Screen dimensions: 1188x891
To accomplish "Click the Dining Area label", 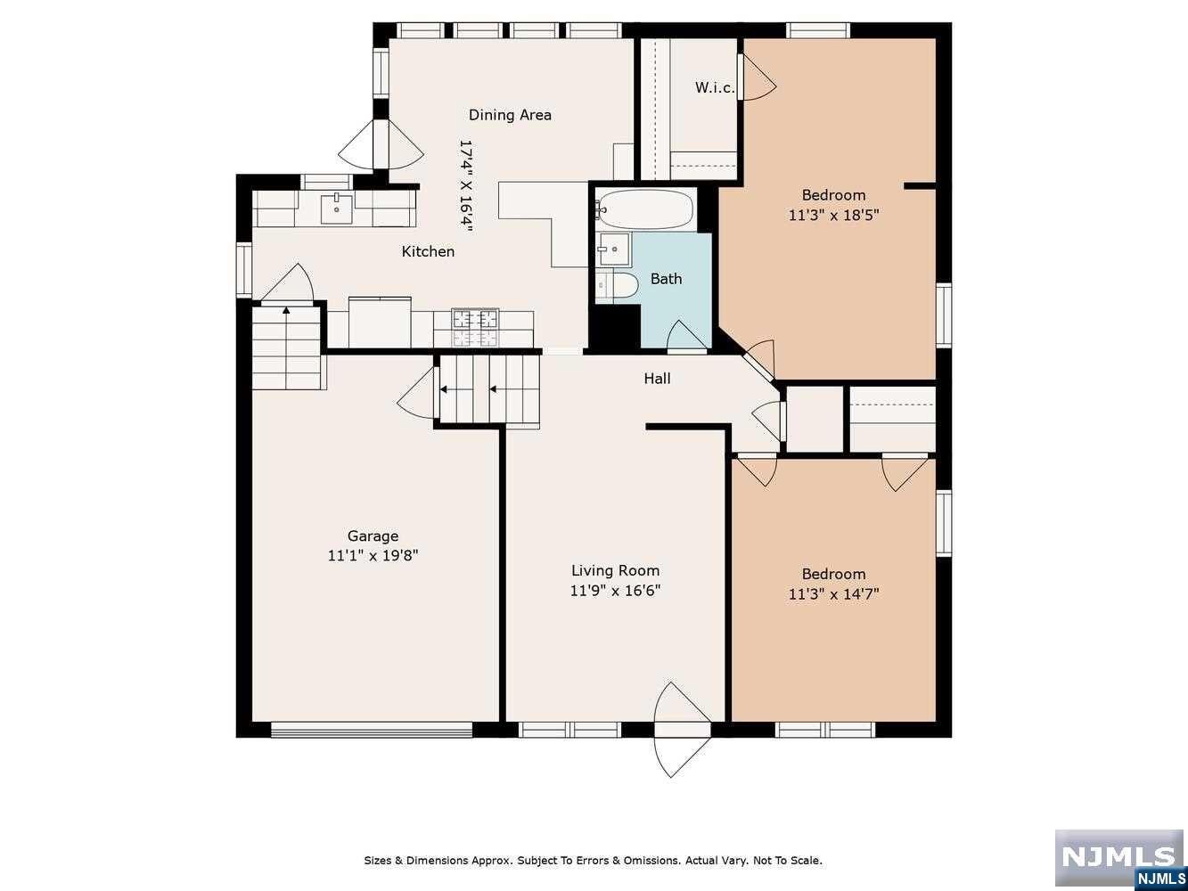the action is [510, 115].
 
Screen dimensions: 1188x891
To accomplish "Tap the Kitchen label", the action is [428, 251].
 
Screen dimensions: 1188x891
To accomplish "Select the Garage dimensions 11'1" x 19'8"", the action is [373, 556].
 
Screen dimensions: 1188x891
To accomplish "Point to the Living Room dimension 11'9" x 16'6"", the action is [615, 590].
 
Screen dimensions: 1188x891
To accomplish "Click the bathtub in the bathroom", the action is [645, 208].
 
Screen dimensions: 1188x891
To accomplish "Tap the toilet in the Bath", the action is [619, 287].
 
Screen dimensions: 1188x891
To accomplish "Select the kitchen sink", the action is [336, 208].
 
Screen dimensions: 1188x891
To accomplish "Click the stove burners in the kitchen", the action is [475, 328].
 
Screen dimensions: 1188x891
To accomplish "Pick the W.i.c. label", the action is [715, 87].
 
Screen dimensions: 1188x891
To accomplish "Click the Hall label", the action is [657, 379].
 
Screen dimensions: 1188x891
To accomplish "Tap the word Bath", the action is [666, 279].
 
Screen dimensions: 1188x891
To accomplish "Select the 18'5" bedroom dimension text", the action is [833, 216].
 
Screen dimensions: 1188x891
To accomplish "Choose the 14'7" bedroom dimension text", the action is [833, 594].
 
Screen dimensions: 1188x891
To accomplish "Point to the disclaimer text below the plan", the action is [594, 860].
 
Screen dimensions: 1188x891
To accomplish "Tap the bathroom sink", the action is [614, 249].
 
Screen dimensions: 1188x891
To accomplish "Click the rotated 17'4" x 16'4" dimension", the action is [466, 186].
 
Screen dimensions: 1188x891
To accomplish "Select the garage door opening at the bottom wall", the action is [372, 730].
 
